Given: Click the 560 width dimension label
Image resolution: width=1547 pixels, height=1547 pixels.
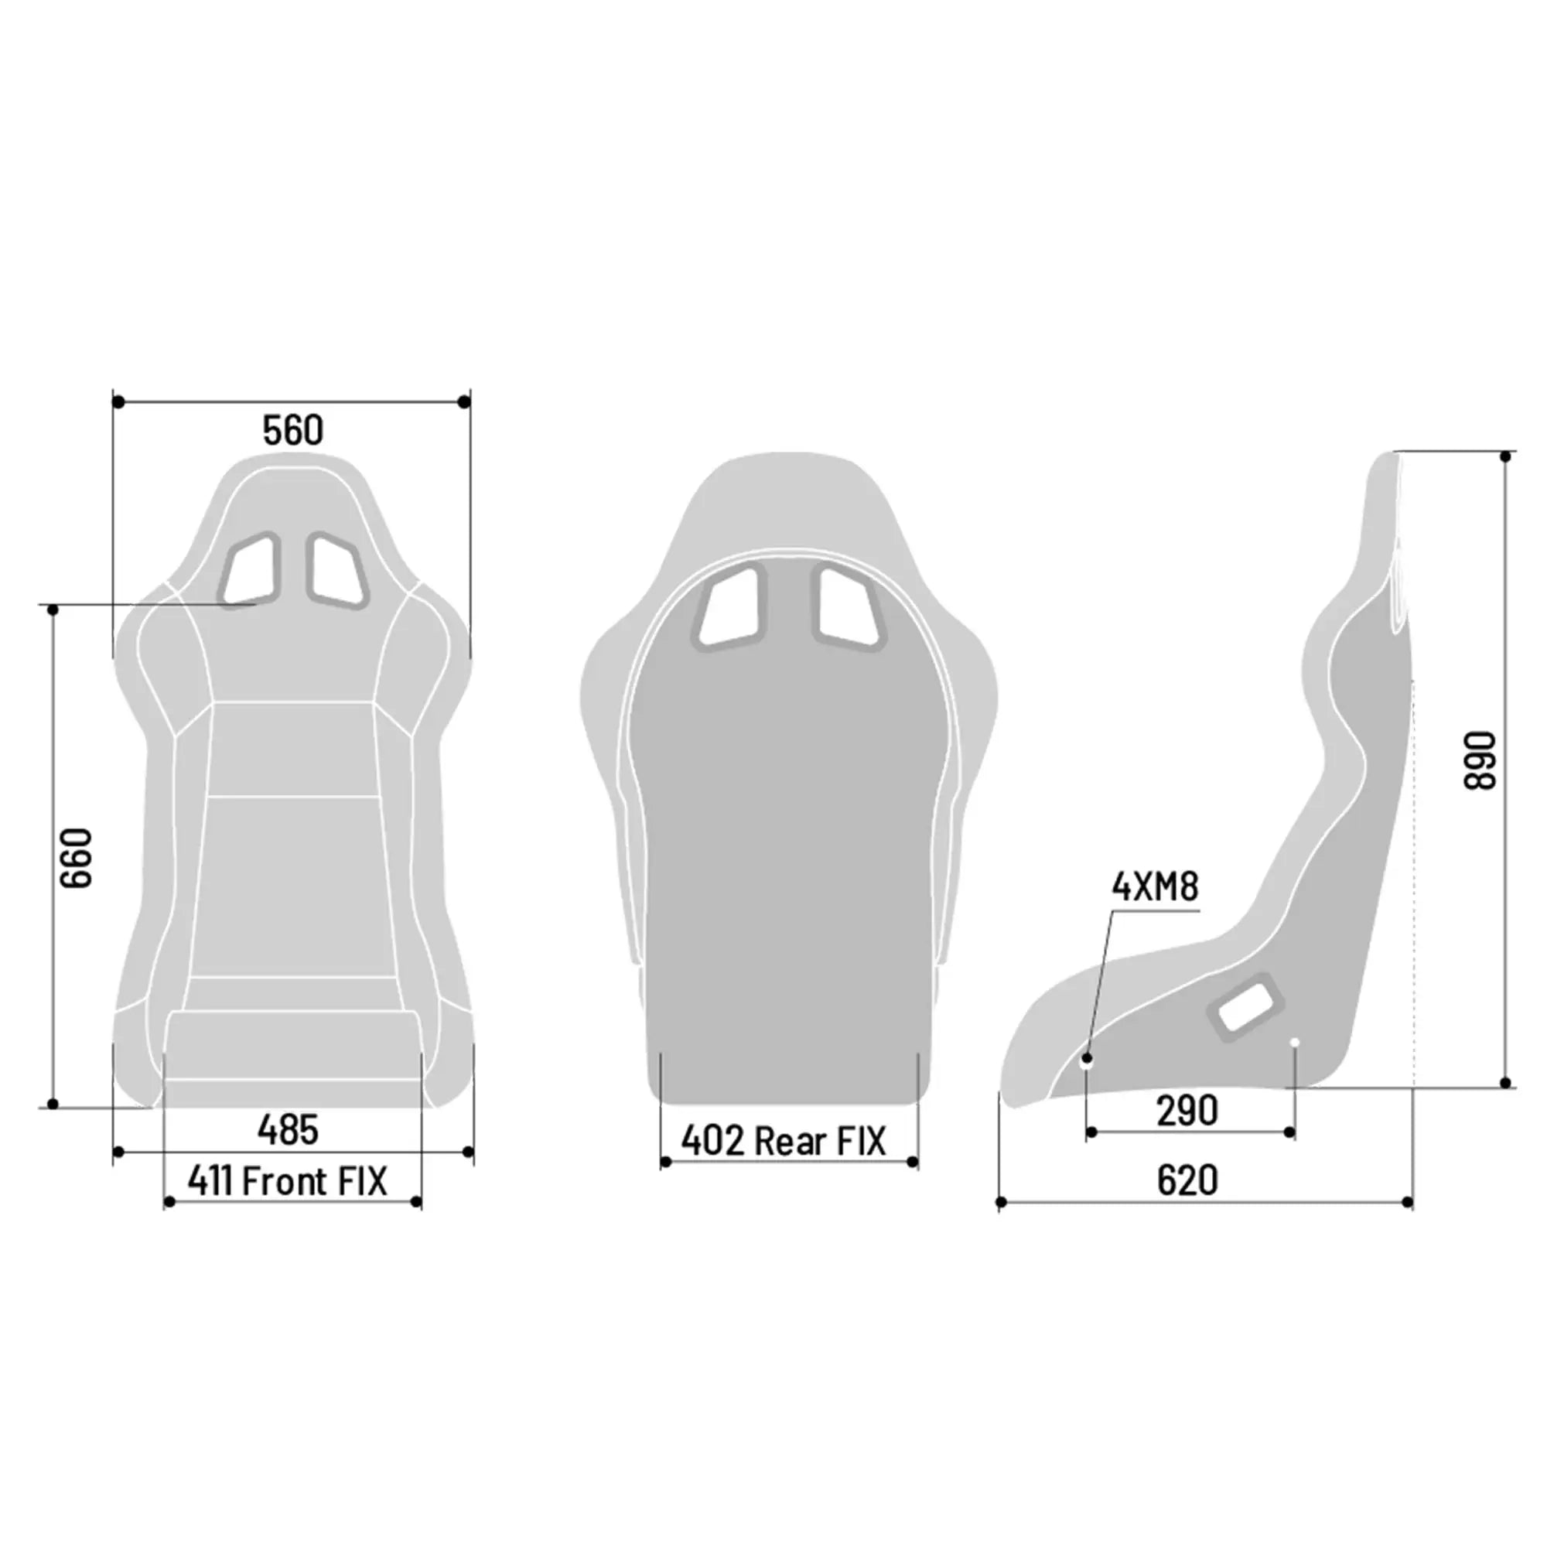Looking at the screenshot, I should coord(293,431).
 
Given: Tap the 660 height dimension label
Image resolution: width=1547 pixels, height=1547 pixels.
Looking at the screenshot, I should coord(77,858).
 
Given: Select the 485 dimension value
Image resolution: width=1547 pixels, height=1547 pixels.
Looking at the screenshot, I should coord(289,1130).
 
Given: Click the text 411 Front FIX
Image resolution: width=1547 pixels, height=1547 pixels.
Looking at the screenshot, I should coord(288,1181).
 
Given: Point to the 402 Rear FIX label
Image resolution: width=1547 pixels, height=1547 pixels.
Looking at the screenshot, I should coord(784,1141).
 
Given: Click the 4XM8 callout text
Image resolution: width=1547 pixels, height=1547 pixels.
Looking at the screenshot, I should coord(1156,887).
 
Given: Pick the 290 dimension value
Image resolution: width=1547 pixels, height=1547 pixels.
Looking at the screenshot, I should coord(1187,1111).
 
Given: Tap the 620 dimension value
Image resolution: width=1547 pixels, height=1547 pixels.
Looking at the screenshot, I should coord(1187,1180).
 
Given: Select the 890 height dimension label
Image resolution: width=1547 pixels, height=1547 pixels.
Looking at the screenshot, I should coord(1480,760).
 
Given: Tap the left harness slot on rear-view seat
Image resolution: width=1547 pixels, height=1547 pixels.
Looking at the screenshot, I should coord(730,606).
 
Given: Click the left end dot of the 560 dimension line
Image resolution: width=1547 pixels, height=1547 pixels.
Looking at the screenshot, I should coord(118,402).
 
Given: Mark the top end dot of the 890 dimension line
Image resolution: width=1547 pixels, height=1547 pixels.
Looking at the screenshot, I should coord(1506,456).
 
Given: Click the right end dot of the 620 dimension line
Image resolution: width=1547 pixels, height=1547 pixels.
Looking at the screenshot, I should coord(1409,1202).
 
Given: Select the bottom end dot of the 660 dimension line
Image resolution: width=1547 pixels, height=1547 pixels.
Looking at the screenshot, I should coord(53,1105).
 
